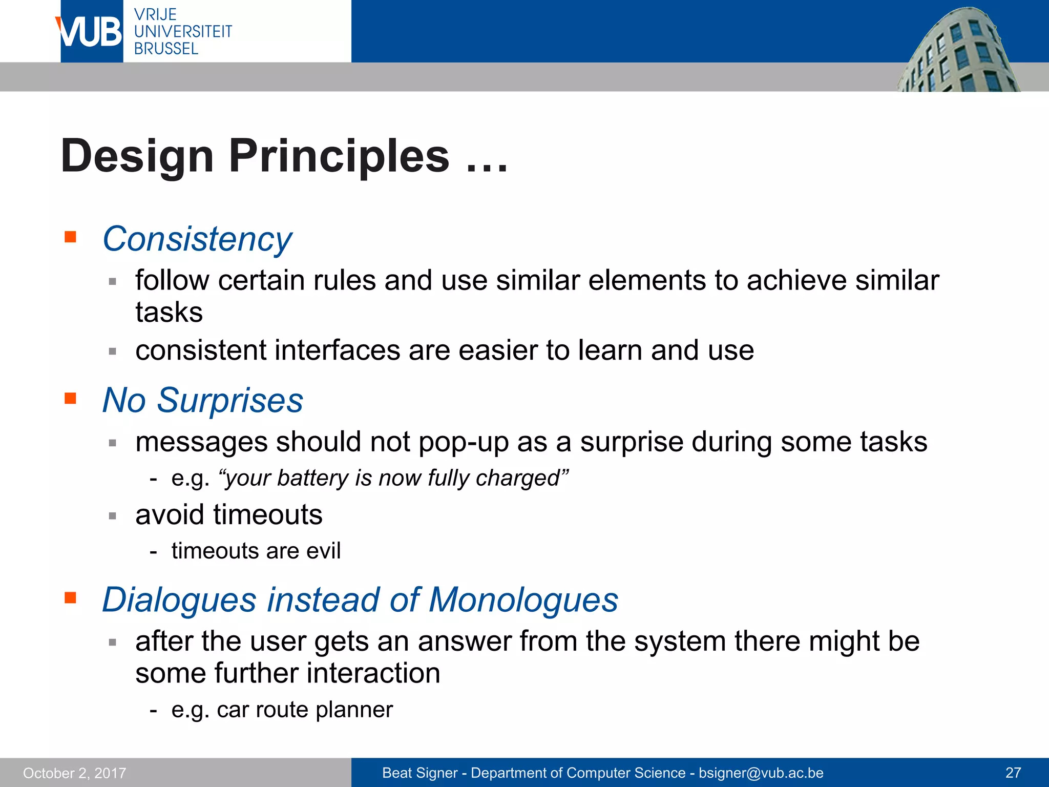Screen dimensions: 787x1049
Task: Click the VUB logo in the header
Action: (x=91, y=32)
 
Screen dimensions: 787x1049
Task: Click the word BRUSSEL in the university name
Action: (x=166, y=49)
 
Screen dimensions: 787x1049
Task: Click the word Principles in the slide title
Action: (x=339, y=156)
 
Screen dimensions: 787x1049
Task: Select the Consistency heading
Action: (x=197, y=239)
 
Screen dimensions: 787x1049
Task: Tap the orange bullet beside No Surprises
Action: (x=70, y=398)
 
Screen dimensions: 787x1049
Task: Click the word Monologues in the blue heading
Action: (x=523, y=599)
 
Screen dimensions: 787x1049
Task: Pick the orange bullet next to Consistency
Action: (x=70, y=237)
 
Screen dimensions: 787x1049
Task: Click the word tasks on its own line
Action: (x=169, y=313)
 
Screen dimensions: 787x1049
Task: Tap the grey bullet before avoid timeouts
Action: (x=113, y=516)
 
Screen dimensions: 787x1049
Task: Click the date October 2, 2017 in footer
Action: (x=75, y=773)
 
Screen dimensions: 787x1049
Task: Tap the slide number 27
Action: (x=1013, y=773)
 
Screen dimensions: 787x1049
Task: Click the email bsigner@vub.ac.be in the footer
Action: (x=761, y=773)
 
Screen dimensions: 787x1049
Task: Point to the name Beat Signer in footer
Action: (x=419, y=773)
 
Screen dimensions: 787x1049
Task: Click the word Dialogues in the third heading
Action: (x=179, y=599)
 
